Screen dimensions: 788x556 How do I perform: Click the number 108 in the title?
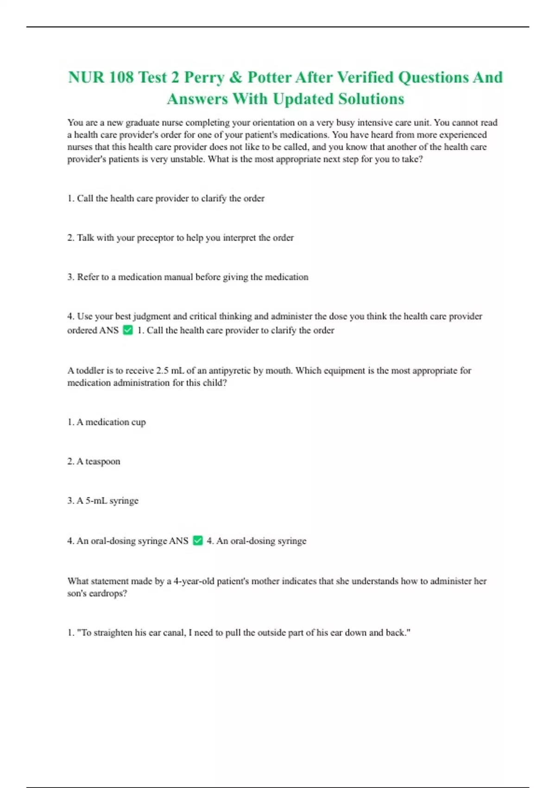click(121, 77)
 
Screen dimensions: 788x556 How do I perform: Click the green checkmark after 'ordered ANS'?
click(128, 330)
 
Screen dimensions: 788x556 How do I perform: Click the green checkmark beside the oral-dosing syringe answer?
click(198, 540)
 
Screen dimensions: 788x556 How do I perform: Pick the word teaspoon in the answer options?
click(102, 462)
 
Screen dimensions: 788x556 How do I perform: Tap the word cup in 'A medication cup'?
click(139, 422)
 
